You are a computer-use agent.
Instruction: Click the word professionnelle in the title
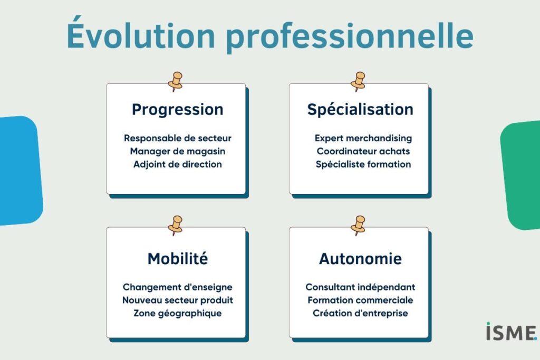(x=350, y=37)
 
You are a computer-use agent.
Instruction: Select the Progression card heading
(x=178, y=110)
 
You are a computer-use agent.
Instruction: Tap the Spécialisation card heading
(x=360, y=110)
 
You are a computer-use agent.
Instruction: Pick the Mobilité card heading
(x=178, y=258)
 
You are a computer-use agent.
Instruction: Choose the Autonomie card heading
(x=360, y=259)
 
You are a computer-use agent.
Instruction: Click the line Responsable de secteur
(x=178, y=138)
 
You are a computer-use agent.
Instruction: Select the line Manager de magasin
(x=178, y=151)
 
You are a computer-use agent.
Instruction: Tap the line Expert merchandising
(x=363, y=138)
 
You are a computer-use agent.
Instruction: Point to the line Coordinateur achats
(x=363, y=151)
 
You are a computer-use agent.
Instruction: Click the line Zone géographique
(x=178, y=314)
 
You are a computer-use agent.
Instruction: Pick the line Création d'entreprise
(x=360, y=314)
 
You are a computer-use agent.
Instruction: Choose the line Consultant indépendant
(x=360, y=287)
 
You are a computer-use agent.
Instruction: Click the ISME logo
(x=512, y=332)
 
